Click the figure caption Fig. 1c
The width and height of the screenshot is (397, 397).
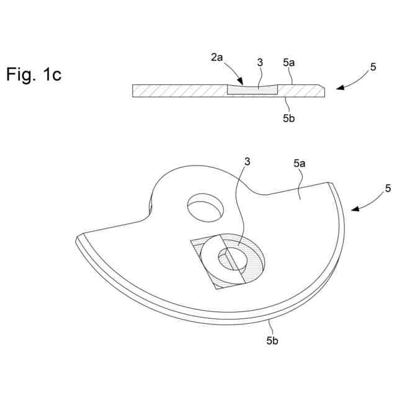(33, 75)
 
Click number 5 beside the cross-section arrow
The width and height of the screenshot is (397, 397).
(373, 67)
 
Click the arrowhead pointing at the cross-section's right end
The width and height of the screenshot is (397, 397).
(338, 88)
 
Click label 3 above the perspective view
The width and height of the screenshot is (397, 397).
(248, 162)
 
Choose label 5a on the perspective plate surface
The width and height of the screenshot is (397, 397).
(299, 164)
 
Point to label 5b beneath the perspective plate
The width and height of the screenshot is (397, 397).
(273, 340)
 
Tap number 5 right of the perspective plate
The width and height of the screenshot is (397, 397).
(388, 187)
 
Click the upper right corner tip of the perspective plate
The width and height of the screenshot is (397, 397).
(331, 182)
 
